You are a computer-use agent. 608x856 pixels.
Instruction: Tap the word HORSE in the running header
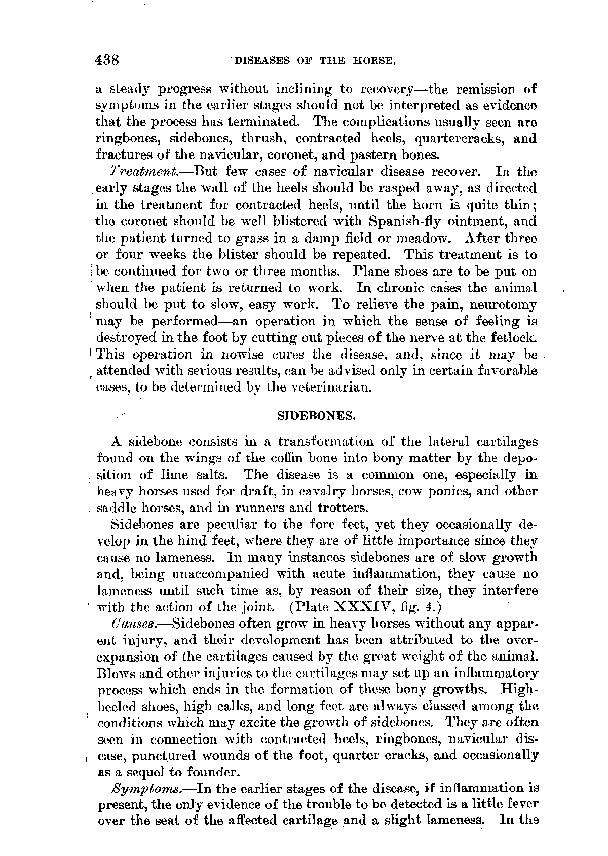pos(374,61)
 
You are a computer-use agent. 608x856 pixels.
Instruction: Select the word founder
pos(209,772)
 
